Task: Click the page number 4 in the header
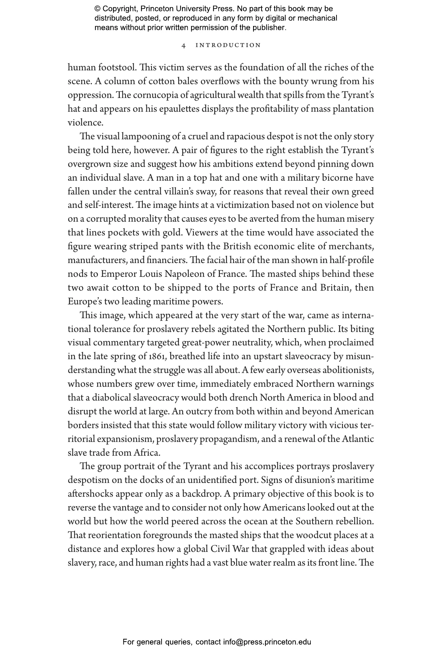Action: click(x=183, y=45)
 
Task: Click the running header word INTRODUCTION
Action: click(x=228, y=45)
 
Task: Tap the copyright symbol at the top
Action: click(x=98, y=9)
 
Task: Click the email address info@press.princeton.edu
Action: click(x=267, y=642)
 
